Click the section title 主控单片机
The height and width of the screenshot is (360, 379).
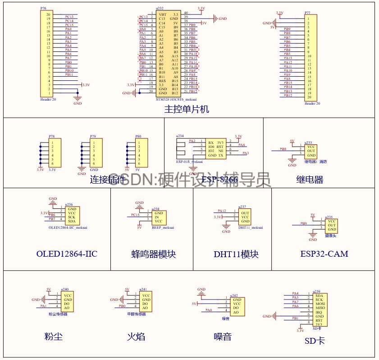pyautogui.click(x=187, y=110)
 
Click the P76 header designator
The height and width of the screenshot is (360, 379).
pyautogui.click(x=43, y=9)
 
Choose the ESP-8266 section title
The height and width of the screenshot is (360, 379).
pyautogui.click(x=219, y=180)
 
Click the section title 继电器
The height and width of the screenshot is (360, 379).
pyautogui.click(x=309, y=180)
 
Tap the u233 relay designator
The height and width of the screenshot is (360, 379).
pyautogui.click(x=308, y=143)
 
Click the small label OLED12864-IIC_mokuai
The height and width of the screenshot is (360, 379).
pyautogui.click(x=68, y=228)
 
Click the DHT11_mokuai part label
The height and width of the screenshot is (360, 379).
pyautogui.click(x=251, y=228)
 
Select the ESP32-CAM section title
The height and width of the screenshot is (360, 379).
pyautogui.click(x=324, y=254)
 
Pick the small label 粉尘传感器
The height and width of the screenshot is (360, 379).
pyautogui.click(x=58, y=314)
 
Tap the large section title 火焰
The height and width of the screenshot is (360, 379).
pyautogui.click(x=136, y=337)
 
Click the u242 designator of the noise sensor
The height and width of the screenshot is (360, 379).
pyautogui.click(x=233, y=295)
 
